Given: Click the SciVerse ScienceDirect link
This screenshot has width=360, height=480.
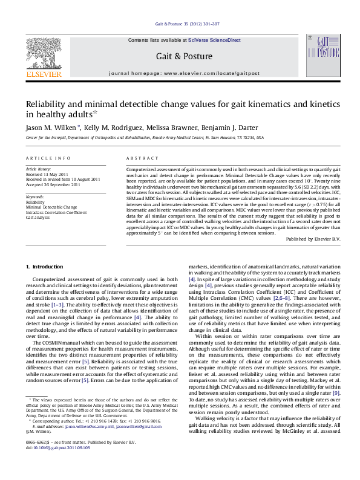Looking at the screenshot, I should tap(214, 40).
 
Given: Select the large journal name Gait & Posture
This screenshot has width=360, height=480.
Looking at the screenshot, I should tap(184, 56).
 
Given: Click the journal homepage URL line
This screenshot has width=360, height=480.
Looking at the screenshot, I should tap(184, 73).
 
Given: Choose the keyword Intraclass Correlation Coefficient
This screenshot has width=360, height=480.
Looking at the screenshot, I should tap(56, 212).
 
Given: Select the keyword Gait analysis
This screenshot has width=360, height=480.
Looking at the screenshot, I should tap(38, 217).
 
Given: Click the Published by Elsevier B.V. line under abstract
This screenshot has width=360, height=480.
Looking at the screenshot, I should tap(313, 239).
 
